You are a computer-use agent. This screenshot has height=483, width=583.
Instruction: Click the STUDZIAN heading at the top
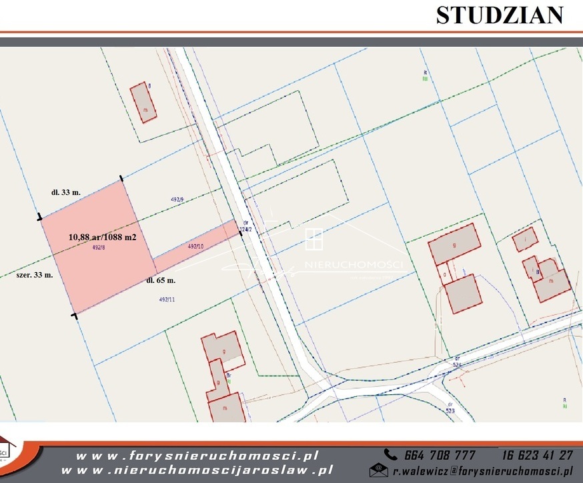pos(499,15)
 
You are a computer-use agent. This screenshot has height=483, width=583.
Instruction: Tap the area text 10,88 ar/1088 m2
pos(102,236)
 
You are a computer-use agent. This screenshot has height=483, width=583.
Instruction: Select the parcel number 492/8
pos(99,248)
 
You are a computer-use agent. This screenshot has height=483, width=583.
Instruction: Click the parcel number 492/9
pos(177,199)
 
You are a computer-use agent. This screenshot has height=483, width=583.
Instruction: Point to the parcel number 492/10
pos(195,246)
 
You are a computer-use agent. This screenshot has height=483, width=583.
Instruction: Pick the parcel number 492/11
pos(167,300)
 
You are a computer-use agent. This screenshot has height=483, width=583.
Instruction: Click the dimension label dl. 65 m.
pos(161,281)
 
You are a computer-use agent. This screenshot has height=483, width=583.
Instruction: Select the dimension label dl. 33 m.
pos(66,192)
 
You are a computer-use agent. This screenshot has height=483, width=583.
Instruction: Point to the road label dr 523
pos(452,407)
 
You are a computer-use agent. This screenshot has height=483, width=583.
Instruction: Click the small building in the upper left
pos(143,102)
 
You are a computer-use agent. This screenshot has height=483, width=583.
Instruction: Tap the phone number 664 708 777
pos(440,455)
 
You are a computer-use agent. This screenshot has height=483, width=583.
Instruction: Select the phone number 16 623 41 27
pos(537,455)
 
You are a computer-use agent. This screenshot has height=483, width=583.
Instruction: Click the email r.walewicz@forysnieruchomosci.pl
pos(482,470)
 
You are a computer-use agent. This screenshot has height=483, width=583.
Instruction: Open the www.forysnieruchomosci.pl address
pos(197,456)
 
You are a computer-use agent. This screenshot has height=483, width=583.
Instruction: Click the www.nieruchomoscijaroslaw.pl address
pos(203,470)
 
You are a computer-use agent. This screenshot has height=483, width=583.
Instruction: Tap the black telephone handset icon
pos(391,455)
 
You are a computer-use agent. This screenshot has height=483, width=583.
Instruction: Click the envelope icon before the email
pos(378,470)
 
